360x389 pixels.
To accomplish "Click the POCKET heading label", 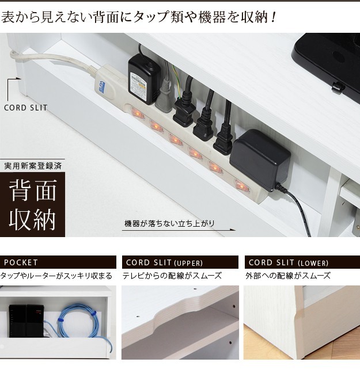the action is click(21, 262).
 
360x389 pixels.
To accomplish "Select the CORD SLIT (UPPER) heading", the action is click(164, 262).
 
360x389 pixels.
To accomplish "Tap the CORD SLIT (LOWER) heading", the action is click(289, 262).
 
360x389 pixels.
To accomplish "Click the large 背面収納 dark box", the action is click(32, 204).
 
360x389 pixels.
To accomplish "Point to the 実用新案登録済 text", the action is click(33, 166).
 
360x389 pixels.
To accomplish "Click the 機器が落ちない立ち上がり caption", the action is click(169, 223).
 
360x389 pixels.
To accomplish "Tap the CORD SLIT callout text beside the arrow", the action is click(25, 108).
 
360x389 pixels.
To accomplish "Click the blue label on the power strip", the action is click(102, 86).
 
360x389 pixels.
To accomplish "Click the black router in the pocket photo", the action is click(26, 321).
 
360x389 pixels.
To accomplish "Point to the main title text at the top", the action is click(139, 17).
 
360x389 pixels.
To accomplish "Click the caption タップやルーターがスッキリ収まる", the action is click(56, 276).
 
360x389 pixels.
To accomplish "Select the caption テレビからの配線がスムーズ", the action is click(172, 276).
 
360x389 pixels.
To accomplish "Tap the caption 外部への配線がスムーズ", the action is click(288, 276).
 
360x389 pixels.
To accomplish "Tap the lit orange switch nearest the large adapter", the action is click(241, 185).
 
